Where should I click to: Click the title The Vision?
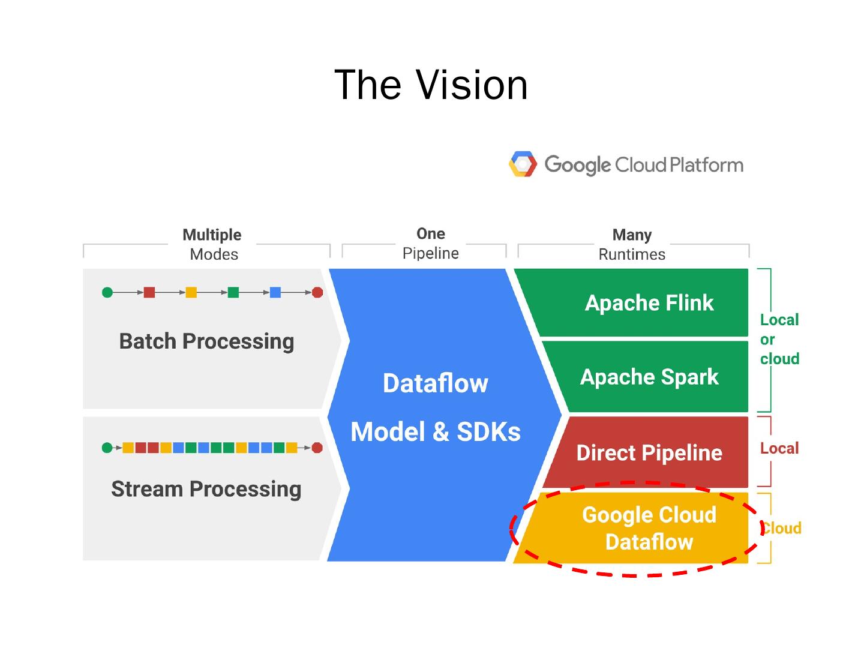coord(431,85)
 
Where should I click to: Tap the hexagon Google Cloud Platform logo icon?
coord(523,164)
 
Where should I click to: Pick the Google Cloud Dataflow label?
coord(649,528)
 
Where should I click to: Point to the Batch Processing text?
coord(206,341)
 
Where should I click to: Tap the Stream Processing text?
coord(206,489)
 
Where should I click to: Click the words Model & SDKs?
coord(435,431)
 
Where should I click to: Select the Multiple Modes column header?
coord(212,244)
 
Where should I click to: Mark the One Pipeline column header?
coord(430,243)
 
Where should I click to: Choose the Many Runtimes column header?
coord(632,244)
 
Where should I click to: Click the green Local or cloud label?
coord(779,339)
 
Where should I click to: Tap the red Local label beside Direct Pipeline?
coord(779,448)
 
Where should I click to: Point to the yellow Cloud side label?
coord(782,528)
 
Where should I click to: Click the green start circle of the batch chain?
coord(107,292)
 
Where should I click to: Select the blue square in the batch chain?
coord(275,292)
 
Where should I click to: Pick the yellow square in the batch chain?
coord(191,292)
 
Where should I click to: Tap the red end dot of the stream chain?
coord(317,448)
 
